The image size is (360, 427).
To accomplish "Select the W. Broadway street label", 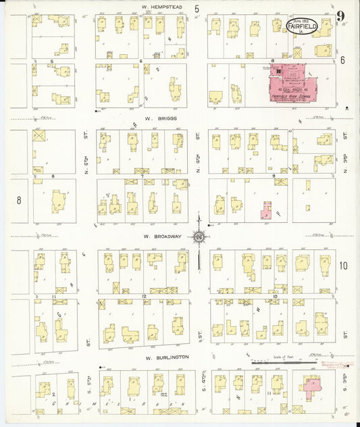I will tap(158, 237).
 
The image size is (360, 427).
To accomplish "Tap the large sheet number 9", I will tap(341, 16).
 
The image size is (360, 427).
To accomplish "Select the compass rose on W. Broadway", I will tap(199, 236).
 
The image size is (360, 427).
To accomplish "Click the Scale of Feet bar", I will tap(277, 363).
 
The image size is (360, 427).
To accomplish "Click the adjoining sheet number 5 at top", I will tap(197, 9).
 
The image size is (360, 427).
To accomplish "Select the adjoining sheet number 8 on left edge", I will tap(19, 200).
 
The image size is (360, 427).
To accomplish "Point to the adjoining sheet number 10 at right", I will tap(343, 266).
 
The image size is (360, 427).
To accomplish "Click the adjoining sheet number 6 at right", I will tap(342, 60).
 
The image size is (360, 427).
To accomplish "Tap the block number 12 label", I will tap(144, 296).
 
